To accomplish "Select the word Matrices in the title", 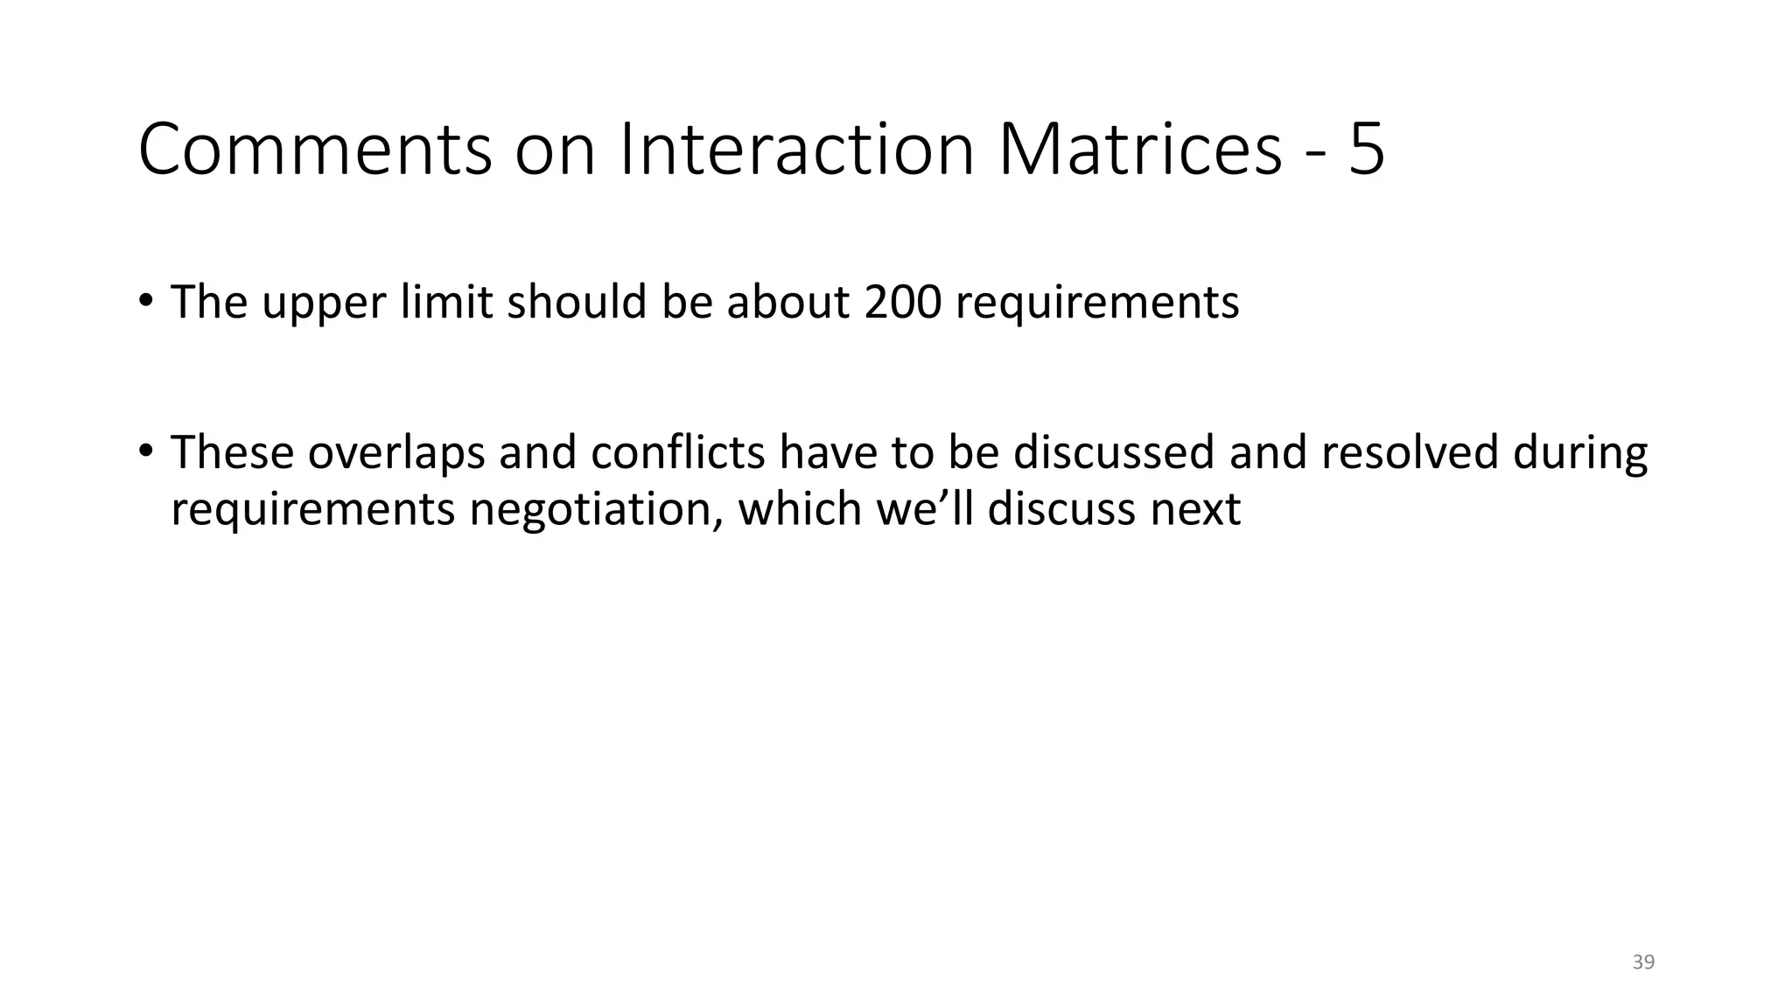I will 1139,150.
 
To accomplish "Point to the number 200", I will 902,303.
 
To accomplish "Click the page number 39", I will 1643,962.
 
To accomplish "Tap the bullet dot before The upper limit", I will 145,300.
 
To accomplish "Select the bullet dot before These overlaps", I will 145,451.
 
